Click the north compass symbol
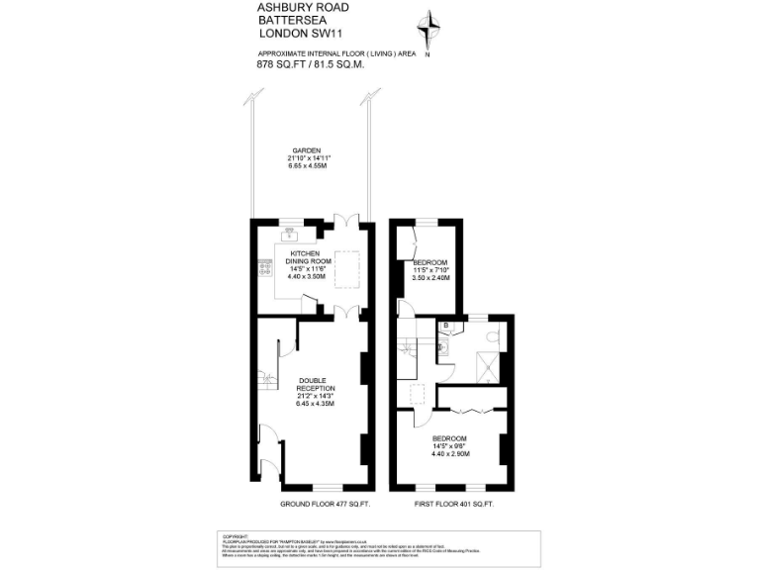click(x=427, y=29)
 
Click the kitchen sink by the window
click(x=288, y=236)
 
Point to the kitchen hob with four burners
click(x=266, y=267)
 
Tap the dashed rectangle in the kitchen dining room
click(x=348, y=268)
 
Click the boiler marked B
click(x=446, y=326)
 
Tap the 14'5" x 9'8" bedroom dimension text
click(x=450, y=446)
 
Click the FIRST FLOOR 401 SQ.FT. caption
click(x=452, y=505)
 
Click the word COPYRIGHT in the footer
click(x=235, y=534)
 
